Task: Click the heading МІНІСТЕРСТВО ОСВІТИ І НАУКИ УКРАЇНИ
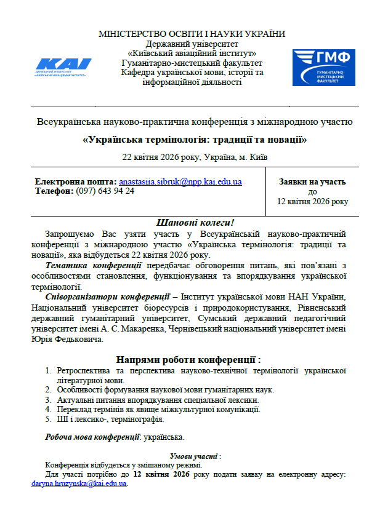click(192, 34)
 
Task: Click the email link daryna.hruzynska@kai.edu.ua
click(79, 483)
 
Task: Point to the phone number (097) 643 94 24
click(105, 191)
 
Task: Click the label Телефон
click(54, 191)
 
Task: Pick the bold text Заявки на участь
click(312, 182)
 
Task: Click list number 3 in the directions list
click(48, 400)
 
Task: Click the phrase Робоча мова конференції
click(93, 437)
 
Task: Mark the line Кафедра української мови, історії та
click(192, 73)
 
